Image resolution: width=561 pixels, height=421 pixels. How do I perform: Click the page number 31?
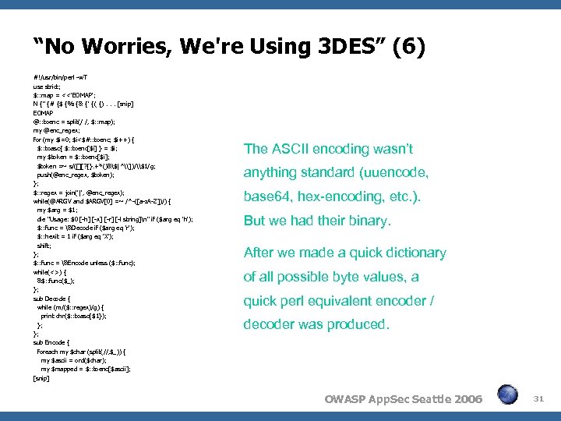pyautogui.click(x=538, y=398)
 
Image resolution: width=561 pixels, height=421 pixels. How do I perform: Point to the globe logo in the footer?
pyautogui.click(x=507, y=395)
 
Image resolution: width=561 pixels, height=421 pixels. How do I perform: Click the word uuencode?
pyautogui.click(x=397, y=172)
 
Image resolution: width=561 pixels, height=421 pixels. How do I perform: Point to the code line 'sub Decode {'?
pyautogui.click(x=52, y=299)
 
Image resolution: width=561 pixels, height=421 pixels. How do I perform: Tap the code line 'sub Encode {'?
pyautogui.click(x=52, y=342)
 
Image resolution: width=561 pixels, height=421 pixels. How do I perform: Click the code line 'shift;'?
pyautogui.click(x=44, y=245)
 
